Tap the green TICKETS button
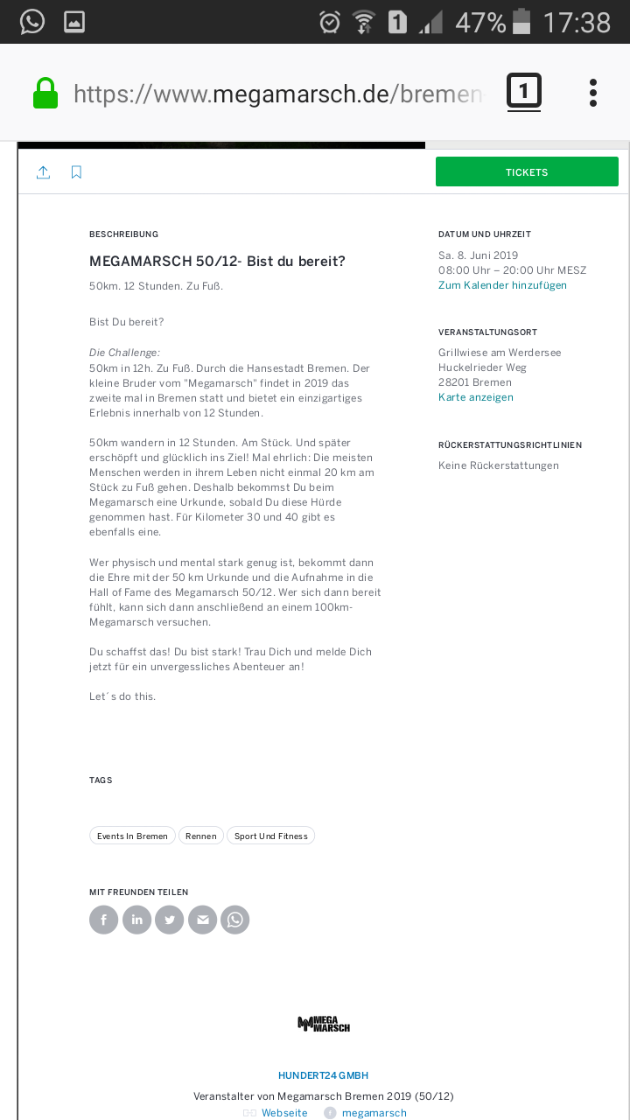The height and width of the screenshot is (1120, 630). click(527, 171)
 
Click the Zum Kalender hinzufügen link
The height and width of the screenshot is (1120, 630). click(502, 285)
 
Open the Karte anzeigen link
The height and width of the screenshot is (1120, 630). click(476, 397)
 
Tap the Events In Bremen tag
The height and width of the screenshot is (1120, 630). click(132, 836)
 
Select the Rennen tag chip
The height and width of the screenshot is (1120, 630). click(201, 836)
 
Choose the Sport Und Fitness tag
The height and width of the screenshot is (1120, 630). click(270, 836)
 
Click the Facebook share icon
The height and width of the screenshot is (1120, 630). click(103, 920)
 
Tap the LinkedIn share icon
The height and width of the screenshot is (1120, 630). click(136, 920)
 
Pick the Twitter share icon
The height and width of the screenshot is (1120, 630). click(170, 920)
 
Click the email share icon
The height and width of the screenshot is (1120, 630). click(202, 920)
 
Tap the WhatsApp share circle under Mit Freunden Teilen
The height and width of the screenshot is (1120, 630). click(235, 920)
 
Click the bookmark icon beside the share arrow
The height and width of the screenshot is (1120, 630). click(76, 172)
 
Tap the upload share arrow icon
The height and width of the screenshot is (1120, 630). click(43, 172)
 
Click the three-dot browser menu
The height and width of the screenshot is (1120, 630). click(592, 93)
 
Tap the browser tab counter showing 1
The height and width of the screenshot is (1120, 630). click(523, 91)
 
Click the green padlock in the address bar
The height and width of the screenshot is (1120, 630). click(45, 94)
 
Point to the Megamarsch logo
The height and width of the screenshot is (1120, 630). click(324, 1024)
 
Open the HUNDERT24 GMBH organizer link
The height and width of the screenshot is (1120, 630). click(323, 1075)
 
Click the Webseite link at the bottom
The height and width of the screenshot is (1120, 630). click(284, 1113)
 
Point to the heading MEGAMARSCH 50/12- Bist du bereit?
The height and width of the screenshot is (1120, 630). click(217, 262)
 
